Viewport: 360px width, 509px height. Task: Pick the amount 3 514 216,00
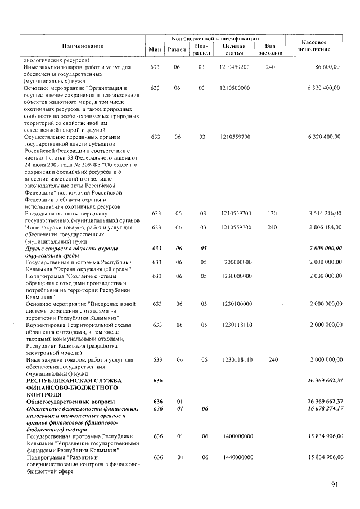tap(325, 214)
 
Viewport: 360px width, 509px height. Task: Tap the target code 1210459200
tap(236, 67)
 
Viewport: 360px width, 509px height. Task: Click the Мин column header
tap(155, 49)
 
